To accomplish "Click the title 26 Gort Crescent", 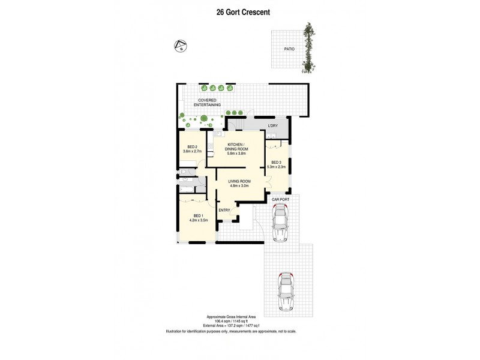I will tap(239, 10).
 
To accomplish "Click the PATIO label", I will tap(289, 49).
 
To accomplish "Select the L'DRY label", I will tap(273, 125).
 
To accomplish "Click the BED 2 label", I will tap(192, 147).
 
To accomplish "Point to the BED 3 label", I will tap(277, 162).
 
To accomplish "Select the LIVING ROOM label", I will tap(239, 181).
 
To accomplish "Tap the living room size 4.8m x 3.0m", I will tap(239, 186).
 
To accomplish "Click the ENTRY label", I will tap(224, 209).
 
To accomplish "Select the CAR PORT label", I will tap(281, 199).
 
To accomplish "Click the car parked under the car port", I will tap(281, 223).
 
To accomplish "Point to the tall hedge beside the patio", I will tap(309, 49).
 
